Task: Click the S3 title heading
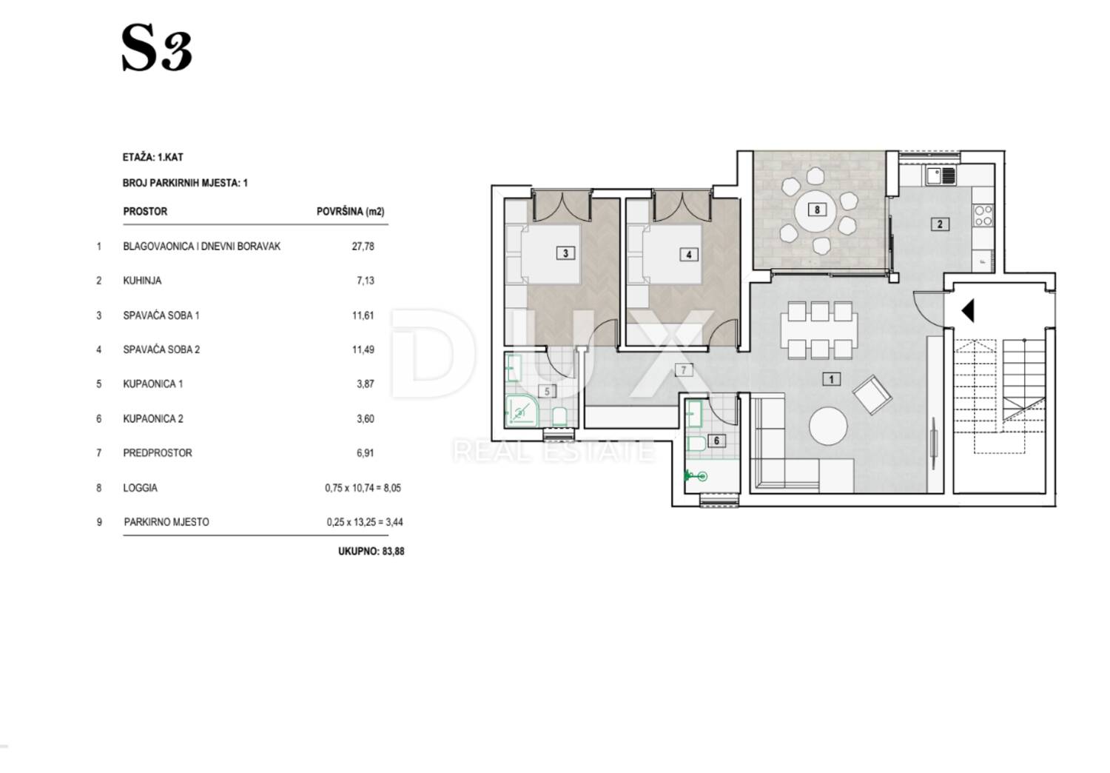tap(157, 48)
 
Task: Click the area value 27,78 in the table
tap(363, 247)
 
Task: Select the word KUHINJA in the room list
tap(142, 281)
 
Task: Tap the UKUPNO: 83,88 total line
tap(371, 552)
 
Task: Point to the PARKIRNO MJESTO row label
tap(166, 522)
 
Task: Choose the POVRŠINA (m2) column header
tap(350, 212)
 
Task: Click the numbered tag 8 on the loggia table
tap(817, 210)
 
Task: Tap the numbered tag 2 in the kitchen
tap(940, 224)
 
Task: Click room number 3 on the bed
tap(565, 253)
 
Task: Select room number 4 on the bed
tap(689, 255)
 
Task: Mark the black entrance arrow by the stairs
tap(968, 310)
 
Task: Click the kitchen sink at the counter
tap(940, 176)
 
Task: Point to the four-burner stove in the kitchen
tap(983, 215)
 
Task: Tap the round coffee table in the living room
tap(828, 426)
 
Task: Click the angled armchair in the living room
tap(872, 394)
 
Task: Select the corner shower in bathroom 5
tap(521, 411)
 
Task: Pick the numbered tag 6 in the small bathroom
tap(716, 441)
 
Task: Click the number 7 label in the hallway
tap(684, 370)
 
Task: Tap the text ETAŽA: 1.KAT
tap(153, 158)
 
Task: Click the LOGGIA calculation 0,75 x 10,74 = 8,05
tap(363, 488)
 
